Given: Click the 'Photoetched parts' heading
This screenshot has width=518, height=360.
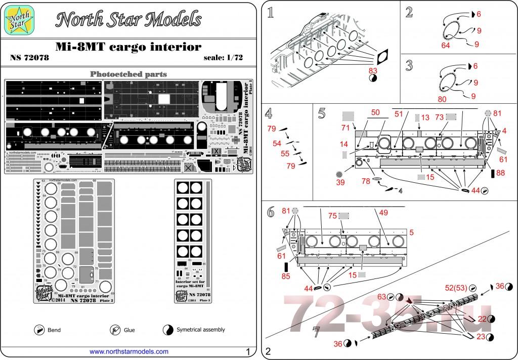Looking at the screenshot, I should (128, 74).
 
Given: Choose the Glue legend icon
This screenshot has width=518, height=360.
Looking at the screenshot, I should (114, 330).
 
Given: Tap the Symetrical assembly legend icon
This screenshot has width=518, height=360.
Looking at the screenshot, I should (167, 330).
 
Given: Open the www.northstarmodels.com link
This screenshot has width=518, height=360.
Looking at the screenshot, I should (129, 351).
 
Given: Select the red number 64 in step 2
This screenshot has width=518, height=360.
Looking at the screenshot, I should (445, 46).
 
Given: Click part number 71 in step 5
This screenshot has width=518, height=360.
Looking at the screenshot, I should (346, 129).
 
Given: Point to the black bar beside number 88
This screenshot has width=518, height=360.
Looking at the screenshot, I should (493, 174).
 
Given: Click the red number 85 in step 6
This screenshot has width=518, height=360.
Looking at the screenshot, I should (286, 276).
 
